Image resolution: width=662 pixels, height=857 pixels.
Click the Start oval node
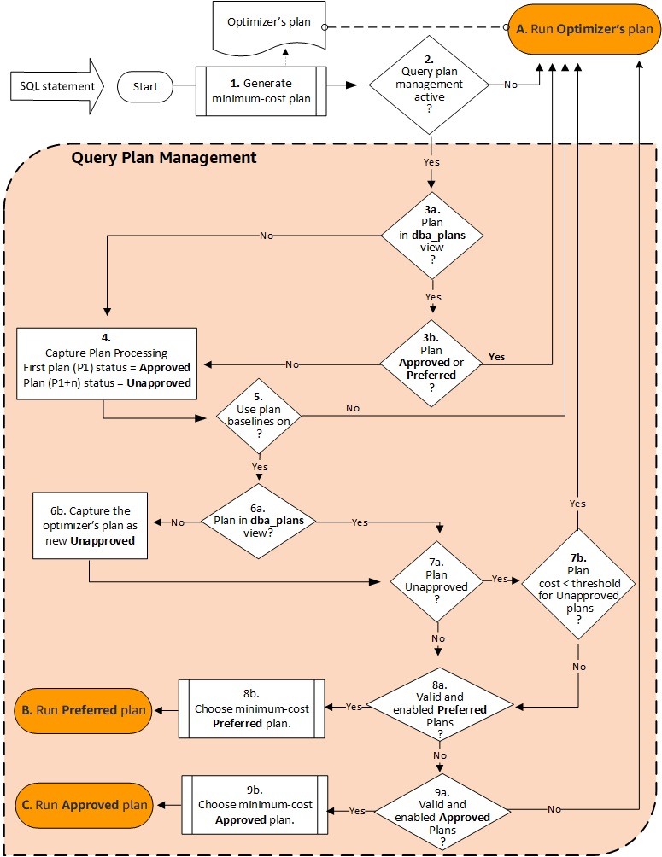tap(146, 86)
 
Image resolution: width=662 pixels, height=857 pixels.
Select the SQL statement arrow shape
tap(57, 86)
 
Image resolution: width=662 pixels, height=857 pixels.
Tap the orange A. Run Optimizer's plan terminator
tap(584, 29)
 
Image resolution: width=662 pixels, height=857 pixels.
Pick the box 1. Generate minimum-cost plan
tap(261, 90)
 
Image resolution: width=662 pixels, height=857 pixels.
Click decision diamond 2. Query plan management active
tap(429, 85)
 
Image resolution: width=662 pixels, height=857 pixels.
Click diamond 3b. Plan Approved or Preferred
tap(432, 363)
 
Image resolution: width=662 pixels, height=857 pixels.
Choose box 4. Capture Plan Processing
tap(107, 363)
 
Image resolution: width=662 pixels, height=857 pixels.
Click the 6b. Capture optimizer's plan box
tap(89, 525)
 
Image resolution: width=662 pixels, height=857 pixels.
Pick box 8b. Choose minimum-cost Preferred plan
tap(252, 708)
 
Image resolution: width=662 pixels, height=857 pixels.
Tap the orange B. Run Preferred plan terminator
tap(82, 710)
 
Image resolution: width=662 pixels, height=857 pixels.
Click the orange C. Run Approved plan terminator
tap(82, 804)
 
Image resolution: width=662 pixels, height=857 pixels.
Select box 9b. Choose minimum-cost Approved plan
tap(255, 804)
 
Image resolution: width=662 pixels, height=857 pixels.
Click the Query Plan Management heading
tap(164, 158)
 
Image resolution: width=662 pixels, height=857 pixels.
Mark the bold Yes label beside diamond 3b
tap(495, 356)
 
